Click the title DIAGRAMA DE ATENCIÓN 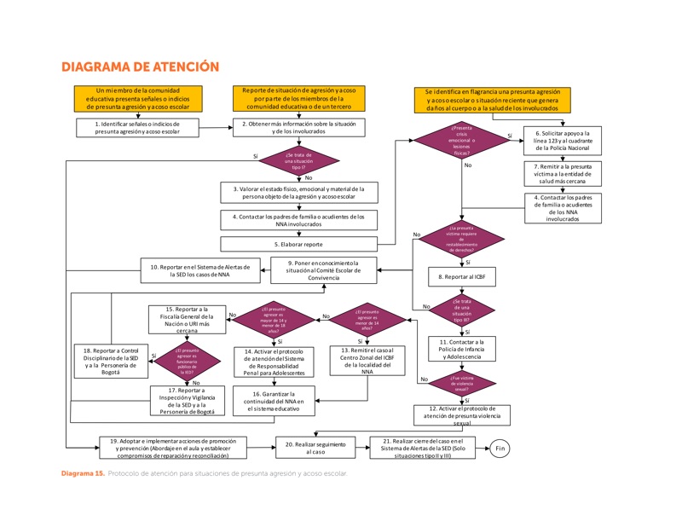141,67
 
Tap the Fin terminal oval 500,448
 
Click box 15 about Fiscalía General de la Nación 186,321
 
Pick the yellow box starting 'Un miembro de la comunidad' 137,100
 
